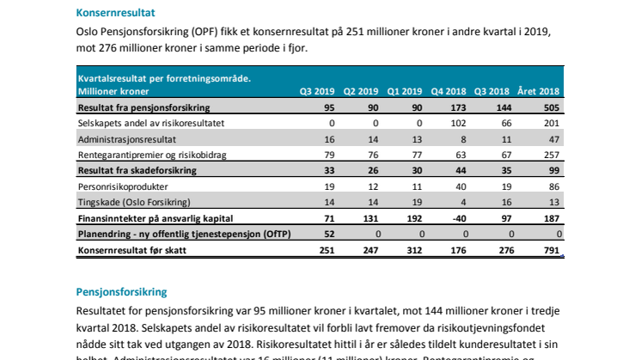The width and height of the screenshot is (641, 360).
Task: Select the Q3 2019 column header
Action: click(x=315, y=90)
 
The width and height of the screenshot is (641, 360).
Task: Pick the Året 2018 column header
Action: click(x=539, y=90)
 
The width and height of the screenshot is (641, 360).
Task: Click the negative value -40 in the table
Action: click(x=460, y=218)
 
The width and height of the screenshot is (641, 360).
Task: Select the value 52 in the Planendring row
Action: click(x=328, y=234)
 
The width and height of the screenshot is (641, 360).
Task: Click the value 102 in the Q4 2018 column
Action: click(x=461, y=123)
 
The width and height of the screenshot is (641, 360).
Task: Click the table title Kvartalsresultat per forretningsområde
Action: click(x=164, y=78)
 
